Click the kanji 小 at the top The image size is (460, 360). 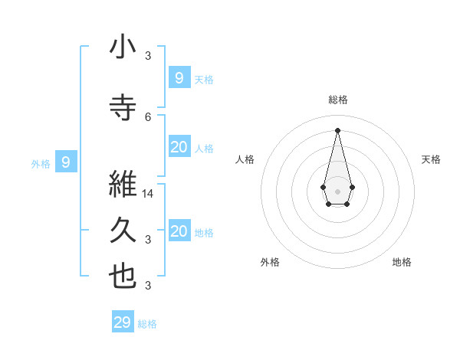(123, 47)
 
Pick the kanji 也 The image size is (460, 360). (123, 276)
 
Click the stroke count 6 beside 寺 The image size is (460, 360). (149, 116)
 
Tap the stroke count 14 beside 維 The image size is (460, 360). (149, 194)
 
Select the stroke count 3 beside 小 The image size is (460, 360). (149, 56)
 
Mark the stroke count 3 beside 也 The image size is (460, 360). (149, 286)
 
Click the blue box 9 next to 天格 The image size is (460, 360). (179, 77)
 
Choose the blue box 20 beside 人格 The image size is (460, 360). (179, 147)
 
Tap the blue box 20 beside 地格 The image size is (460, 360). (179, 231)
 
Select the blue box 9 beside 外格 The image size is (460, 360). (66, 162)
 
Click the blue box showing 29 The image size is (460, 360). (123, 322)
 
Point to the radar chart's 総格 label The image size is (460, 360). (337, 100)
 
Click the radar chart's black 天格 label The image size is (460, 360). (431, 159)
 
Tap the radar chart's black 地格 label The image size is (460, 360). (402, 262)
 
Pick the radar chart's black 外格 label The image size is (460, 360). (270, 262)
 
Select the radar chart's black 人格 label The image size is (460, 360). (245, 159)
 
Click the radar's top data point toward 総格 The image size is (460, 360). (337, 129)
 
